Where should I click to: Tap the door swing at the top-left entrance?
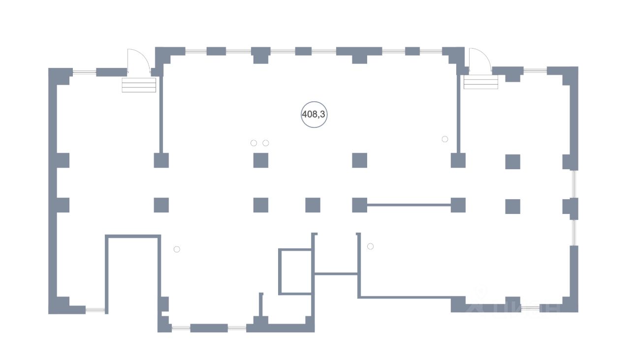[x=138, y=61]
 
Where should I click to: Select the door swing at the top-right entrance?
[x=478, y=61]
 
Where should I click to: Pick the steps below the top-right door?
[x=481, y=82]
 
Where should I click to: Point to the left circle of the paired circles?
[x=253, y=143]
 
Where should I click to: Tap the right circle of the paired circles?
[x=266, y=143]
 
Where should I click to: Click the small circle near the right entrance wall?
[x=445, y=139]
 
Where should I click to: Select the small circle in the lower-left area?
[x=177, y=249]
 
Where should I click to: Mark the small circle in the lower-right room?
[x=371, y=246]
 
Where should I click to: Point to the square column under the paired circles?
[x=261, y=160]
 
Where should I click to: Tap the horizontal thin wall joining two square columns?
[x=409, y=205]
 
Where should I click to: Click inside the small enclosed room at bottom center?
[x=295, y=272]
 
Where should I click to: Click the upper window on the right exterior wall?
[x=574, y=184]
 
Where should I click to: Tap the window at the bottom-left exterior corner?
[x=95, y=310]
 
